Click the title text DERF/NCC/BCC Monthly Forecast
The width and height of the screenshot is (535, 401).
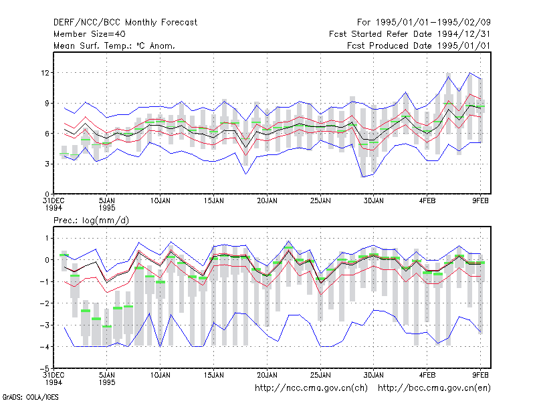125,23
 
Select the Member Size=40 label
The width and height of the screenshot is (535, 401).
90,34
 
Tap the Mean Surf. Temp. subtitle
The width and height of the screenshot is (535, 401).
114,45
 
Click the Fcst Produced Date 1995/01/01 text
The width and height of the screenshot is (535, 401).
419,45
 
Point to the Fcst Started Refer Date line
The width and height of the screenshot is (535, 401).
410,34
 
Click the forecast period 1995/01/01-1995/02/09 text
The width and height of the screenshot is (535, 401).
424,23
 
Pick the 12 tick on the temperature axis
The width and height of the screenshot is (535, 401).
45,73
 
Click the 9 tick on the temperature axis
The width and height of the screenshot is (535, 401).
47,103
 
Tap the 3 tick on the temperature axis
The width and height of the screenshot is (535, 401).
47,164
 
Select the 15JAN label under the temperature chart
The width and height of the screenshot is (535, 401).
213,201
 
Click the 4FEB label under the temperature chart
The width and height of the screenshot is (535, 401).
427,201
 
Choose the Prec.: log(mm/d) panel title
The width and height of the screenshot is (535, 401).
91,221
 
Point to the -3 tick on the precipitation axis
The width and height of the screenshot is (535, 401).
45,325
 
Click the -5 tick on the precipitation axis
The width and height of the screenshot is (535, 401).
45,369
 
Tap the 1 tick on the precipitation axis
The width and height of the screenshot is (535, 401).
47,238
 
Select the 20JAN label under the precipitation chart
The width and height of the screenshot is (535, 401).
267,375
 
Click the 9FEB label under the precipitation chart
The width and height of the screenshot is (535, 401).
480,375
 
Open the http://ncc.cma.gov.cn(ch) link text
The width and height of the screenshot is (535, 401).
311,388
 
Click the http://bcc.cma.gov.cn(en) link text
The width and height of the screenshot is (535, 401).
434,388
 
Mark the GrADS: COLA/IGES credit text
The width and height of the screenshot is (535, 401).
30,397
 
